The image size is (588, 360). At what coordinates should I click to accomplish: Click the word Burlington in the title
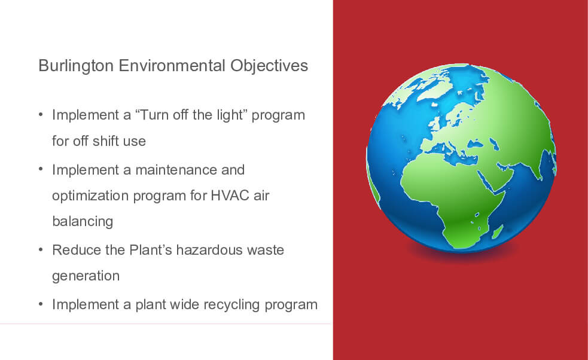(x=76, y=66)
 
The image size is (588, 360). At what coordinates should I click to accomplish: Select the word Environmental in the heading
(x=172, y=66)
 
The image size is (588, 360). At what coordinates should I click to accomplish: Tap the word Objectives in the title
(x=269, y=66)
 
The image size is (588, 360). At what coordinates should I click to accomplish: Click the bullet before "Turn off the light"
(x=41, y=114)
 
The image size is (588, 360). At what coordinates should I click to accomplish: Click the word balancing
(x=83, y=222)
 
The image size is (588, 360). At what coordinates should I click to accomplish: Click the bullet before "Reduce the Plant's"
(x=41, y=249)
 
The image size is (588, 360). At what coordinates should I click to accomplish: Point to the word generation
(x=86, y=276)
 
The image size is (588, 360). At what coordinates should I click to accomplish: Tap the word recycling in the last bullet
(x=231, y=305)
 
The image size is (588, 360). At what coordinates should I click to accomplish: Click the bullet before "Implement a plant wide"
(x=41, y=304)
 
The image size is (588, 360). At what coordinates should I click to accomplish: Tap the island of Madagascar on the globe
(x=497, y=232)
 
